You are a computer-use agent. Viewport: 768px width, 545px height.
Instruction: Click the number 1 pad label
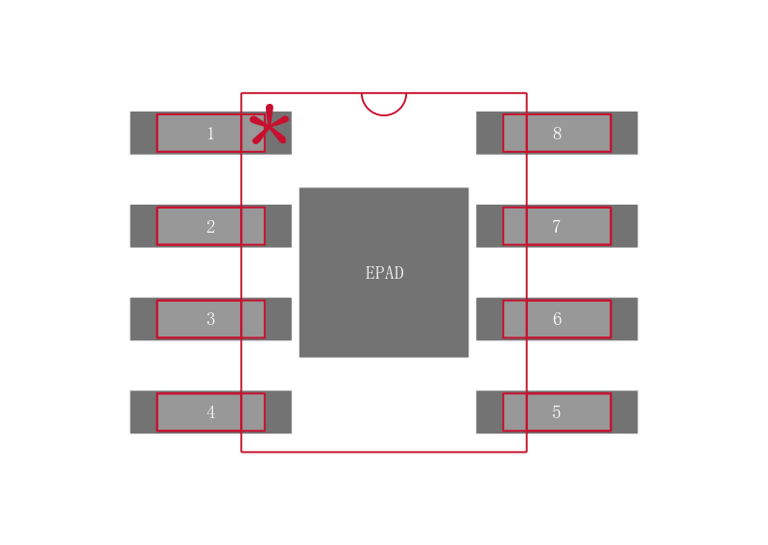[x=210, y=134]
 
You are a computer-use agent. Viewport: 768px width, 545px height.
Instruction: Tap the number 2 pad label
[x=210, y=226]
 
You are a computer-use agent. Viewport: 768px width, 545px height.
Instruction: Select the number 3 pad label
[x=210, y=319]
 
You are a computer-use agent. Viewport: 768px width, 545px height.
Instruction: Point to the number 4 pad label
[x=210, y=412]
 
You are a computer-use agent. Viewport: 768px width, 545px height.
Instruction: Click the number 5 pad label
[x=557, y=412]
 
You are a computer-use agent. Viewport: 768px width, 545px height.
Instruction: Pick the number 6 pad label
[x=557, y=319]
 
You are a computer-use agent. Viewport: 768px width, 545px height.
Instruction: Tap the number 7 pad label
[x=557, y=226]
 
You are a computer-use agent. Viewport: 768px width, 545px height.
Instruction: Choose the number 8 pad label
[x=557, y=134]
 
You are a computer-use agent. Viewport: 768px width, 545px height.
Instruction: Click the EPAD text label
[x=385, y=273]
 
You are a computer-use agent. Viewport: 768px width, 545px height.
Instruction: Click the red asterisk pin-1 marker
[x=269, y=125]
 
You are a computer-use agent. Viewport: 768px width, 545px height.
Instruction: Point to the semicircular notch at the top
[x=384, y=114]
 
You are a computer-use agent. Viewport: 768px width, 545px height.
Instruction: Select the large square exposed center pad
[x=384, y=272]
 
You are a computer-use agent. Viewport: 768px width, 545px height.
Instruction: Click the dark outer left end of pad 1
[x=143, y=133]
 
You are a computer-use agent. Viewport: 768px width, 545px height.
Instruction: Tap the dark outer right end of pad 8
[x=625, y=133]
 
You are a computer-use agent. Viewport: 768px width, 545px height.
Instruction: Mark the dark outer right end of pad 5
[x=625, y=412]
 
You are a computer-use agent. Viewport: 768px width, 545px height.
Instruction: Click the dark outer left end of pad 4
[x=143, y=412]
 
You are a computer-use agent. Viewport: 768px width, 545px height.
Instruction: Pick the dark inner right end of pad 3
[x=278, y=319]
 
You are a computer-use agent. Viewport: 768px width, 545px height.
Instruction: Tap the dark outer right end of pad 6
[x=625, y=319]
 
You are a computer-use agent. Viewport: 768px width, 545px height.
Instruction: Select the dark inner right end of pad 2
[x=278, y=226]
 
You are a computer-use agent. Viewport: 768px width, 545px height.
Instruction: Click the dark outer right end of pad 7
[x=625, y=226]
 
